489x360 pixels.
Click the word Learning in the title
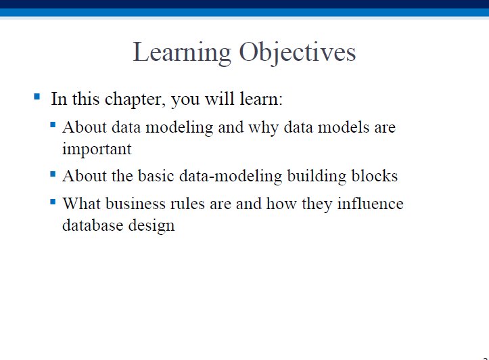182,53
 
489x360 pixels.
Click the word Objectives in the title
298,53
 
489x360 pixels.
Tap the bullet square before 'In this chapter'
37,96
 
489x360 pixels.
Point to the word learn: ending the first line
261,99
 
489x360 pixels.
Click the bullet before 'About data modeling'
53,125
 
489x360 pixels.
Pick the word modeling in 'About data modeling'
179,128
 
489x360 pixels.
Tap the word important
97,149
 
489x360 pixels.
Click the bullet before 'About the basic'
53,174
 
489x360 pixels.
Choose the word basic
156,176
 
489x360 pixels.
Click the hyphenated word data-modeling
231,176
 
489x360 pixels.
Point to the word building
317,176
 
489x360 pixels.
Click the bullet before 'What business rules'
53,202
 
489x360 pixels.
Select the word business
135,204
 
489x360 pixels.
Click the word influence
370,204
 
